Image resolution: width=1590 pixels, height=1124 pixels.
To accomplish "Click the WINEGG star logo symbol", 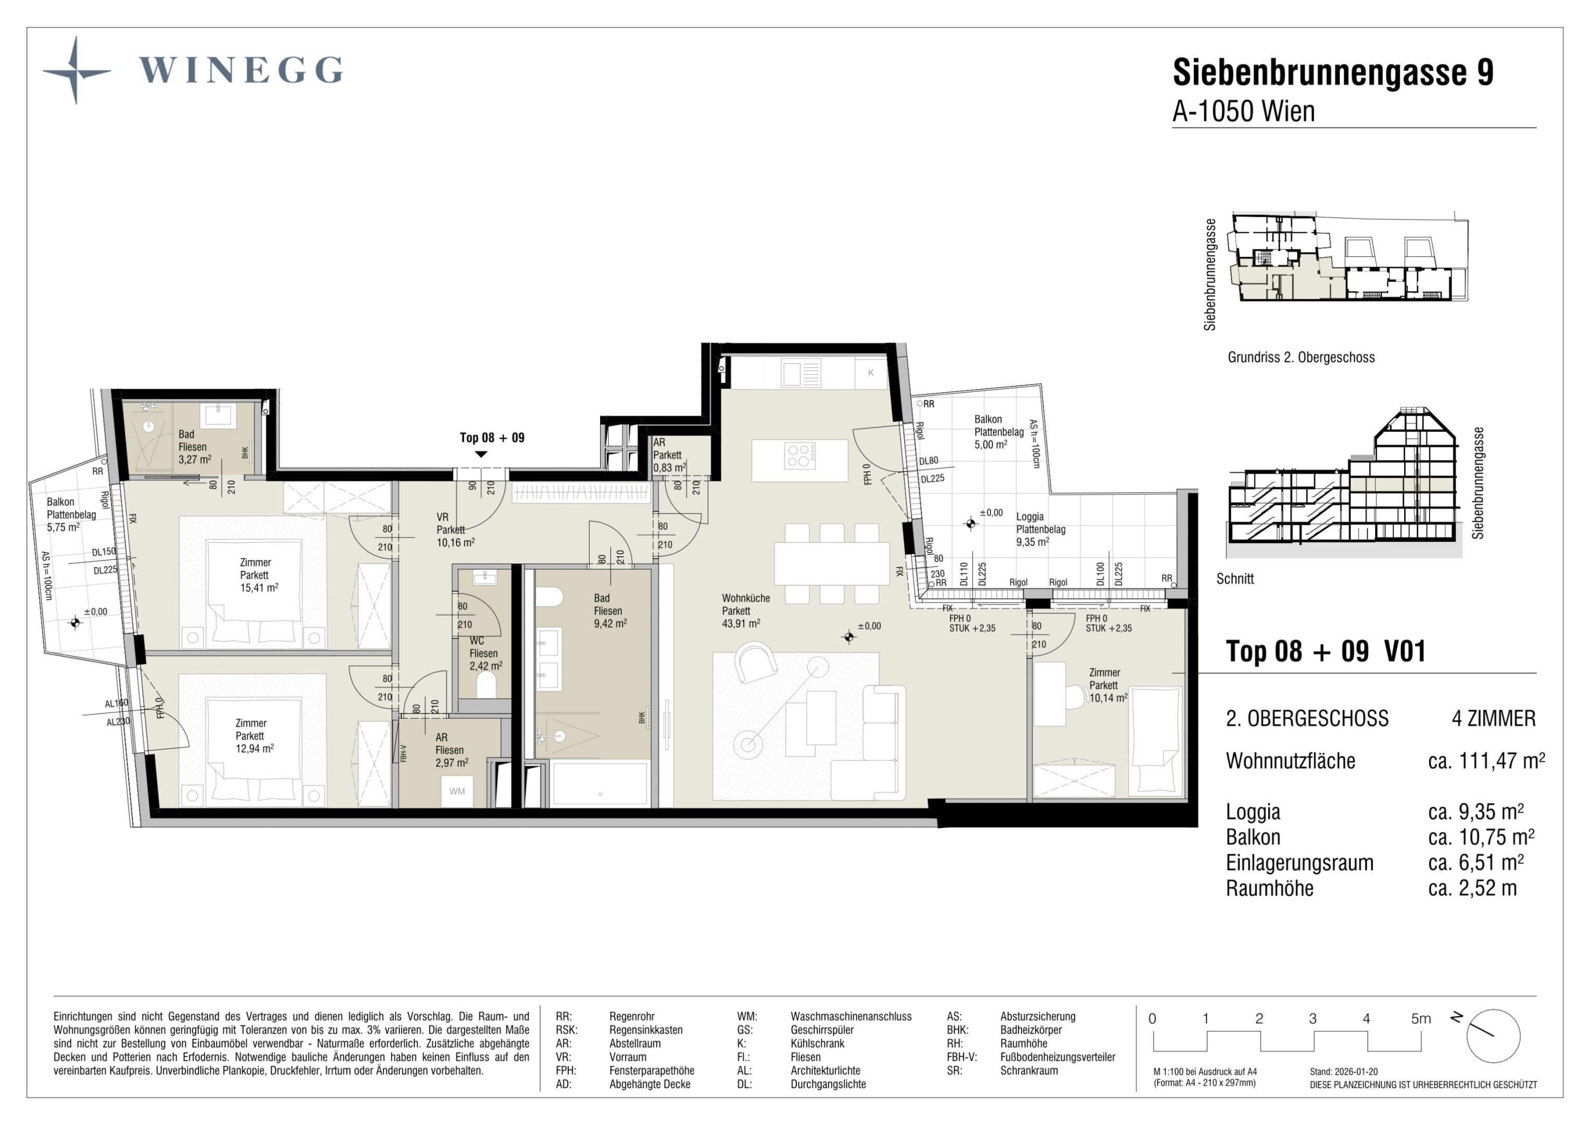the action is pos(76,71).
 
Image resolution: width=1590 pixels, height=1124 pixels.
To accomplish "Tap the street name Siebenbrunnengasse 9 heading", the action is pos(1333,72).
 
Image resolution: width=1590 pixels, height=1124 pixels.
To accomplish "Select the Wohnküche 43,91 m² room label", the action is pos(745,610).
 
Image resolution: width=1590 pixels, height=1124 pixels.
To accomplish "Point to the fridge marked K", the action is pos(871,373).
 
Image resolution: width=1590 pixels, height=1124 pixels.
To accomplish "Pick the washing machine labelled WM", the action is pos(457,791).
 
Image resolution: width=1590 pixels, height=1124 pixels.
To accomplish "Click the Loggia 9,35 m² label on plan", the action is pos(1040,529).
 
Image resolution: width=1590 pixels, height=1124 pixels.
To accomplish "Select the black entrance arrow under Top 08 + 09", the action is pos(480,454).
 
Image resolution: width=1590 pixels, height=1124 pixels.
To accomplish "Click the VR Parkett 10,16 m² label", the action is pos(455,530).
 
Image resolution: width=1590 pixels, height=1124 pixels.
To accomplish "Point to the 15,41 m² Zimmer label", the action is pos(258,575).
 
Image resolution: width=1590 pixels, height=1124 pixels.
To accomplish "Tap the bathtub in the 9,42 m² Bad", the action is pos(600,783).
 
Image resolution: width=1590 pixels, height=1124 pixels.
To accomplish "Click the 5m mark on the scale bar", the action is pos(1420,1019).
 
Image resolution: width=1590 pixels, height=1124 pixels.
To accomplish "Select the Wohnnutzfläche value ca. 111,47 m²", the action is pos(1486,761).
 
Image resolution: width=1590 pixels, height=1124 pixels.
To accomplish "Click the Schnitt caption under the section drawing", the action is pos(1235,579).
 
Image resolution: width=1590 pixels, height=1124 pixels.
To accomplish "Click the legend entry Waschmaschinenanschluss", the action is pos(851,1017).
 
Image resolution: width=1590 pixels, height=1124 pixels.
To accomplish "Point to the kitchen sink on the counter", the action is pos(801,373).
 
